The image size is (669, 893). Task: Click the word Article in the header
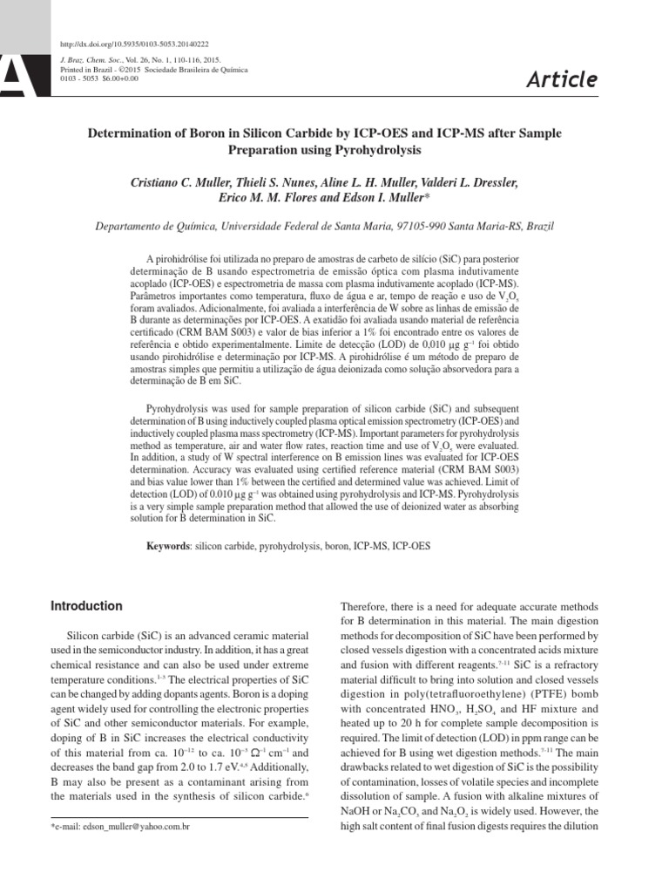tap(562, 80)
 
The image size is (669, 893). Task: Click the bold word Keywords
tap(167, 546)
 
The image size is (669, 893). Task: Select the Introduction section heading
tap(86, 606)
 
